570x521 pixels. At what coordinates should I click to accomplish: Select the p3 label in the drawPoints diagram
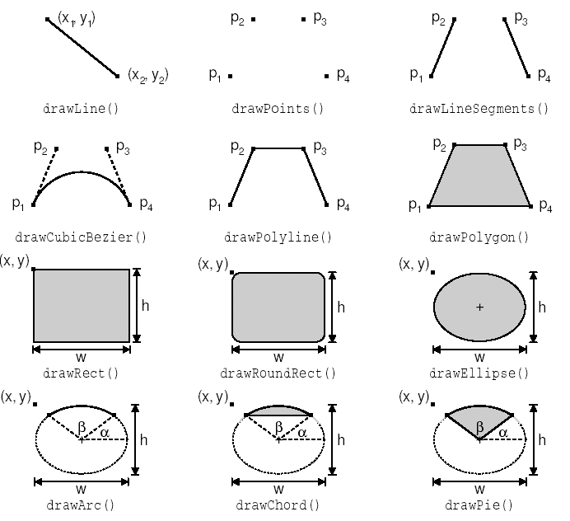(x=320, y=19)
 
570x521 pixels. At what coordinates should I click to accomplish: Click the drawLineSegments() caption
(x=479, y=108)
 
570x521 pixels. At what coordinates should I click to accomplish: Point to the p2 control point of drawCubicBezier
(x=57, y=149)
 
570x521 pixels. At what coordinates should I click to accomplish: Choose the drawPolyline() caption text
(x=278, y=237)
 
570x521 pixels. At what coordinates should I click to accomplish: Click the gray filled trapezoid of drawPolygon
(x=479, y=177)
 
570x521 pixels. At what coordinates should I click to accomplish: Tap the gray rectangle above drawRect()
(x=81, y=304)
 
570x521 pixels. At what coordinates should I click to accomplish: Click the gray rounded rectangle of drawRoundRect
(x=278, y=307)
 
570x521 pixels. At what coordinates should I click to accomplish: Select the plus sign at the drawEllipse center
(x=479, y=307)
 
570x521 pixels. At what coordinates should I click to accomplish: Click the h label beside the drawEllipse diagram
(x=542, y=307)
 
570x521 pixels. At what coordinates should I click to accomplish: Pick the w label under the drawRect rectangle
(x=81, y=358)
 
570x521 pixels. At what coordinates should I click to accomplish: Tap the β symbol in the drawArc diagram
(x=80, y=426)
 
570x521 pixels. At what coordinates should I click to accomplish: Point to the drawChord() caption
(x=278, y=506)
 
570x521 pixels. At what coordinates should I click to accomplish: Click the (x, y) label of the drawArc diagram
(x=16, y=397)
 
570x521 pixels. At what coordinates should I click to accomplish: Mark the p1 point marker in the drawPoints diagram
(x=230, y=76)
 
